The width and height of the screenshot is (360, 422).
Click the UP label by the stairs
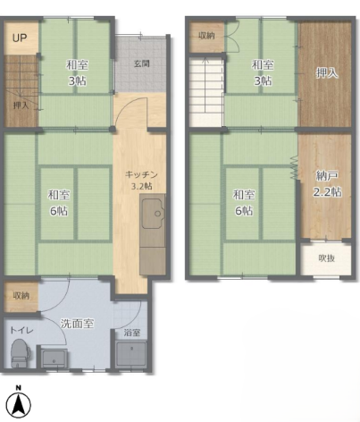pyautogui.click(x=20, y=38)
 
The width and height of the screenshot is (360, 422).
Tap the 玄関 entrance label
pyautogui.click(x=141, y=63)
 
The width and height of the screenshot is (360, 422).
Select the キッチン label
pyautogui.click(x=141, y=174)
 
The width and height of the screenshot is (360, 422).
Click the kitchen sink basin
pyautogui.click(x=153, y=213)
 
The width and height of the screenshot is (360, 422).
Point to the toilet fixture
pyautogui.click(x=20, y=354)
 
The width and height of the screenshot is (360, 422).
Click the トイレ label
pyautogui.click(x=21, y=331)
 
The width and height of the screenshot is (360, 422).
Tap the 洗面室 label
pyautogui.click(x=77, y=324)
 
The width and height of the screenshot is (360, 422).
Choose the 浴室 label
pyautogui.click(x=132, y=333)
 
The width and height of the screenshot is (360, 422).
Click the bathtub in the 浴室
pyautogui.click(x=131, y=354)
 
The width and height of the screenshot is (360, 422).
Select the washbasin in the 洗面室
pyautogui.click(x=54, y=359)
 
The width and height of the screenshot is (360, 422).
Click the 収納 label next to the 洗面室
pyautogui.click(x=21, y=296)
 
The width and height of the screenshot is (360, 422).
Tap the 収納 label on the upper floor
pyautogui.click(x=206, y=36)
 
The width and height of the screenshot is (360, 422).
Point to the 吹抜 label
pyautogui.click(x=327, y=258)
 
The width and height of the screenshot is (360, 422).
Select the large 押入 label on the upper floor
pyautogui.click(x=327, y=73)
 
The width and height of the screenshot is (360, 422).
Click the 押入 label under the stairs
pyautogui.click(x=21, y=105)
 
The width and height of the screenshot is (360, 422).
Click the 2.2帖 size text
pyautogui.click(x=327, y=192)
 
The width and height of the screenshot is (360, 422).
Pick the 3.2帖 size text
pyautogui.click(x=142, y=186)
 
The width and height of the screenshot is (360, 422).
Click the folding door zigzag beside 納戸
pyautogui.click(x=294, y=168)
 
